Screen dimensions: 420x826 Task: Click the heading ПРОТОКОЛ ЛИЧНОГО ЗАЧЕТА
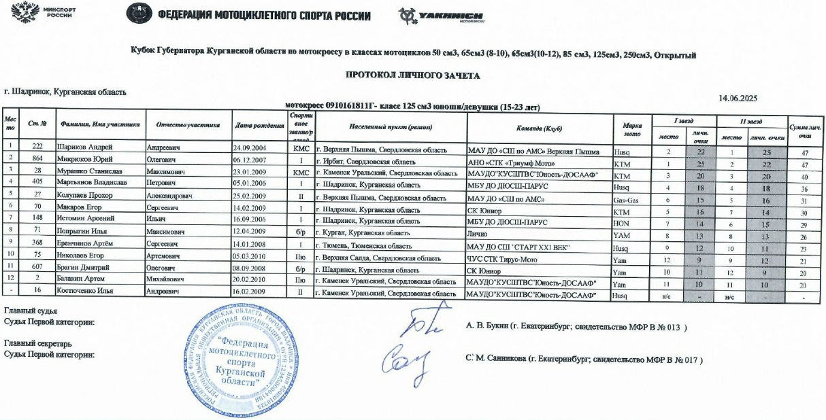tap(412, 75)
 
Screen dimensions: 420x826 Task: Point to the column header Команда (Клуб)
tap(538, 127)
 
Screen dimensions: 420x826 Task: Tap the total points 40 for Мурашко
tap(804, 175)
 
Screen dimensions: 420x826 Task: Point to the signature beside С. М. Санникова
tap(406, 360)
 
